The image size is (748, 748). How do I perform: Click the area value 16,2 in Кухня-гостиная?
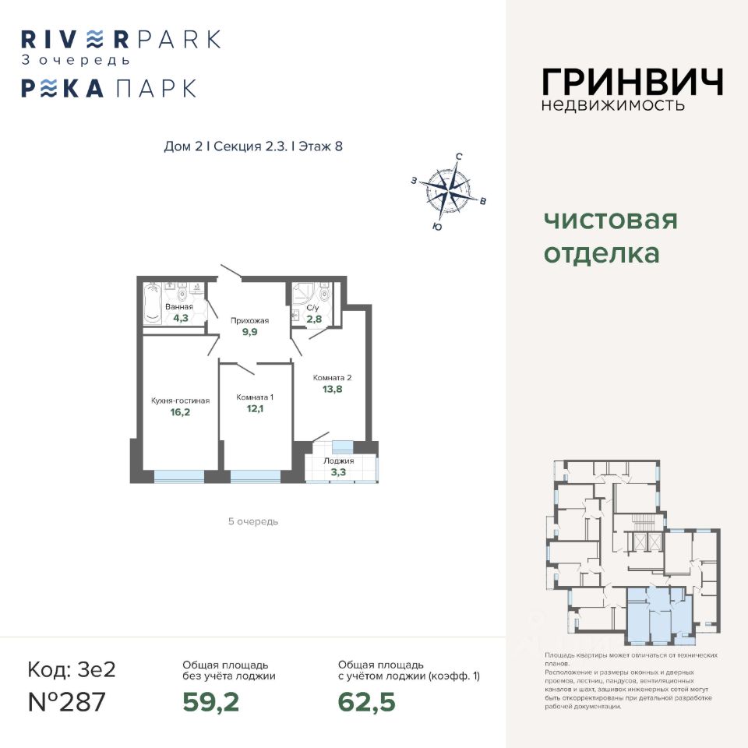pyautogui.click(x=180, y=413)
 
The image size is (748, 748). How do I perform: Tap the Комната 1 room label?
pyautogui.click(x=255, y=397)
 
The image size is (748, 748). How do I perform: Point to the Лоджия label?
pyautogui.click(x=339, y=460)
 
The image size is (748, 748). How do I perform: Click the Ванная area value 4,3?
pyautogui.click(x=181, y=318)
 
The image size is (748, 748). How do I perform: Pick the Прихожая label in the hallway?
pyautogui.click(x=249, y=320)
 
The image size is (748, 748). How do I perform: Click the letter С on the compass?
pyautogui.click(x=458, y=157)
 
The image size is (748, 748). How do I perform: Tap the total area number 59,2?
pyautogui.click(x=210, y=702)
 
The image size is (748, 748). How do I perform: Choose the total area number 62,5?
pyautogui.click(x=366, y=702)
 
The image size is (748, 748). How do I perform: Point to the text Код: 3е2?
pyautogui.click(x=71, y=669)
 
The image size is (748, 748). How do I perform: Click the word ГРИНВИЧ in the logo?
pyautogui.click(x=632, y=81)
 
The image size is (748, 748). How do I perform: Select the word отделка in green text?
pyautogui.click(x=601, y=254)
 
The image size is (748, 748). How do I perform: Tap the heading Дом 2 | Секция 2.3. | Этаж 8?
pyautogui.click(x=253, y=146)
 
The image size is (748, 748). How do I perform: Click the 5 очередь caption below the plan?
pyautogui.click(x=252, y=521)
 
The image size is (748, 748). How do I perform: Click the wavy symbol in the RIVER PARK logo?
pyautogui.click(x=94, y=39)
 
